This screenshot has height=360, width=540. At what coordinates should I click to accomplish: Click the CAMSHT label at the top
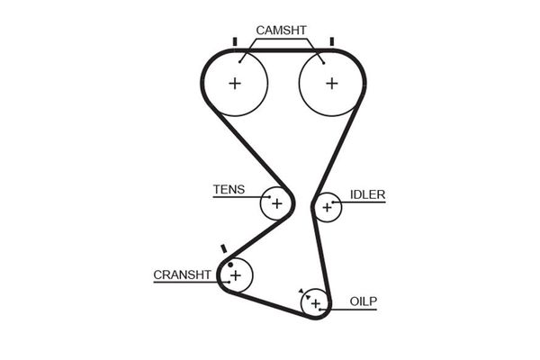(x=282, y=31)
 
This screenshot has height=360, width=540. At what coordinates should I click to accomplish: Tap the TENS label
(x=228, y=190)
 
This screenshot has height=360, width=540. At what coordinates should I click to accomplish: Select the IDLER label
(x=367, y=194)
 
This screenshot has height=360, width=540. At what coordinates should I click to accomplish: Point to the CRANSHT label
(x=182, y=274)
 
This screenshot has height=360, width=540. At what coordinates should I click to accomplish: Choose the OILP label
(x=364, y=301)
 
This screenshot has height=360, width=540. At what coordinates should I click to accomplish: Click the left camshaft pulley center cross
(x=235, y=84)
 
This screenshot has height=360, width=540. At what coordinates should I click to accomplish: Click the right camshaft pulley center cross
(x=331, y=84)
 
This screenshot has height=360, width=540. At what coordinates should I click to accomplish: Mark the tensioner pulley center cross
(x=277, y=203)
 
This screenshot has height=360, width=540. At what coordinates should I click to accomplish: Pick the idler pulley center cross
(x=327, y=208)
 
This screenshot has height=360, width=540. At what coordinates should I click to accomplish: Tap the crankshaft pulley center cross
(x=236, y=274)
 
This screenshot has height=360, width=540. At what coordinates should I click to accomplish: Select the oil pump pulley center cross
(x=315, y=303)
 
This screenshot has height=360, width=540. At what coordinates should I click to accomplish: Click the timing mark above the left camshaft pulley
(x=234, y=41)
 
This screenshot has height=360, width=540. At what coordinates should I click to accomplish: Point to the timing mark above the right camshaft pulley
(x=331, y=41)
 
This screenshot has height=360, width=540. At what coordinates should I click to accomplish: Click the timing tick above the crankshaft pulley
(x=223, y=247)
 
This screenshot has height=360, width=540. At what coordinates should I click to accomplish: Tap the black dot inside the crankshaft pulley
(x=230, y=265)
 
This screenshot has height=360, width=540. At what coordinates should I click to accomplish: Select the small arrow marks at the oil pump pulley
(x=301, y=292)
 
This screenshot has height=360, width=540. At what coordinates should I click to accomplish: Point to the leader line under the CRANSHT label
(x=184, y=283)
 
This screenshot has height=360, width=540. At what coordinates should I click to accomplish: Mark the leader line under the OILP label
(x=355, y=309)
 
